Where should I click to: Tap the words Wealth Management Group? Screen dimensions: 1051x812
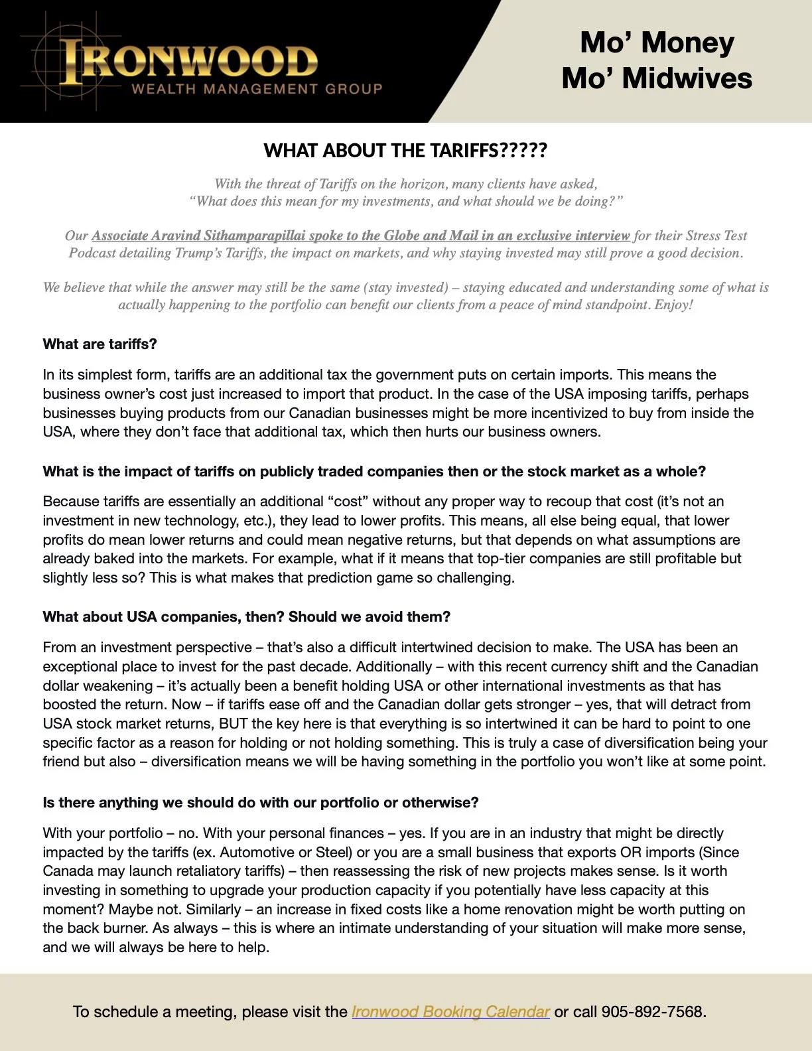point(257,89)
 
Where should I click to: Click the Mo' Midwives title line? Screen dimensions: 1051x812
point(657,78)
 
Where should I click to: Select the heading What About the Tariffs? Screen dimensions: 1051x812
point(405,151)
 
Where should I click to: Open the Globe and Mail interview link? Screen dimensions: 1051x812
point(360,236)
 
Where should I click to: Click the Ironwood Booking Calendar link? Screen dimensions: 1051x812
point(450,1012)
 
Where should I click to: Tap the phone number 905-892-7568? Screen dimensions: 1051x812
point(653,1012)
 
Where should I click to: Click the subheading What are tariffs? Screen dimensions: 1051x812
point(100,344)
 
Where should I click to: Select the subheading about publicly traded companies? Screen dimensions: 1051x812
point(374,472)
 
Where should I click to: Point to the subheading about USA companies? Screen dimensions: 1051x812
point(246,617)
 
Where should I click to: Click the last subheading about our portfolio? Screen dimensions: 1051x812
point(261,803)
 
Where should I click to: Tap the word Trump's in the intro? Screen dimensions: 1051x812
point(203,253)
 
